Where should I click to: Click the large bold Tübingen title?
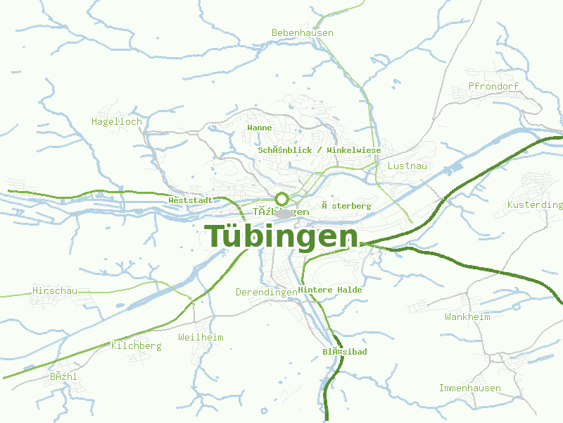(281, 237)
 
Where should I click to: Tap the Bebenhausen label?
(303, 33)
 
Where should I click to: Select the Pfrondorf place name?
(493, 87)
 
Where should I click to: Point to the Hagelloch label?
(117, 121)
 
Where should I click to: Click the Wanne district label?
(260, 128)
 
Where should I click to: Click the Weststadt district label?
(191, 200)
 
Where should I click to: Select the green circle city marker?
(281, 198)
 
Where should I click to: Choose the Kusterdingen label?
(535, 205)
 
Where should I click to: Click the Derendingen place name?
(267, 292)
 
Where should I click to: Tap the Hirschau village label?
(54, 290)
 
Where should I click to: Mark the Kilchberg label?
(137, 345)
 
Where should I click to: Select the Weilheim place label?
(201, 337)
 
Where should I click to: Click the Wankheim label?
(467, 317)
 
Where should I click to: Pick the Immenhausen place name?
(470, 388)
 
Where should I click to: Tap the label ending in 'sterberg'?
(346, 206)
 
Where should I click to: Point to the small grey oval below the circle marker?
(283, 213)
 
